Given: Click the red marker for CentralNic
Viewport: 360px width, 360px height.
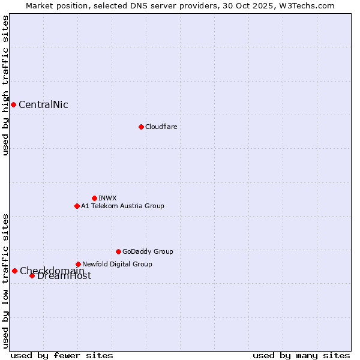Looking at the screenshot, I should pyautogui.click(x=13, y=104).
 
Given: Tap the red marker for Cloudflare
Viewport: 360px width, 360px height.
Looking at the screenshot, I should pyautogui.click(x=141, y=127).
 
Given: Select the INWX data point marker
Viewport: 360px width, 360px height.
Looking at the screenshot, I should pyautogui.click(x=94, y=198).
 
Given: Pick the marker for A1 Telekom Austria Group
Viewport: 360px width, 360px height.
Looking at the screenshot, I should pyautogui.click(x=77, y=206).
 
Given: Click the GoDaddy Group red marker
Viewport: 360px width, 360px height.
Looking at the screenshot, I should pyautogui.click(x=118, y=251).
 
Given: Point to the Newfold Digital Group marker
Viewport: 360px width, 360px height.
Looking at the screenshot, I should pyautogui.click(x=78, y=264).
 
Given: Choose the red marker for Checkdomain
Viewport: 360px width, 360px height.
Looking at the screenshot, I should pyautogui.click(x=14, y=271).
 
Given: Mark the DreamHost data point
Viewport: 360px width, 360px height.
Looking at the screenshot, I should pyautogui.click(x=32, y=275).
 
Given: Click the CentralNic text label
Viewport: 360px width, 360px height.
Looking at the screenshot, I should pyautogui.click(x=43, y=105).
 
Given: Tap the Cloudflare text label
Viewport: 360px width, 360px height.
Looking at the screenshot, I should pyautogui.click(x=161, y=127).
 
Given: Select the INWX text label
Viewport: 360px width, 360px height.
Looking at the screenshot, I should pyautogui.click(x=107, y=198).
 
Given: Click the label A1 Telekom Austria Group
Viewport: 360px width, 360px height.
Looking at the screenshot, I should pyautogui.click(x=122, y=206).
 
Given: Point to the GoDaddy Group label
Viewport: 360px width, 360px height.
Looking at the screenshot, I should pyautogui.click(x=148, y=251).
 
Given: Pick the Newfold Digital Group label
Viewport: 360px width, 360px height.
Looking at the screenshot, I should pyautogui.click(x=117, y=264).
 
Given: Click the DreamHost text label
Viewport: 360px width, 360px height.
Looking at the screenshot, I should pyautogui.click(x=64, y=276).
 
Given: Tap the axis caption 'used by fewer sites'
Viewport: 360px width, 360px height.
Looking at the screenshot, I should pyautogui.click(x=62, y=355).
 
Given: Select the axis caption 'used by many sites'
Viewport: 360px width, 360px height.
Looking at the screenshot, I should pyautogui.click(x=301, y=355).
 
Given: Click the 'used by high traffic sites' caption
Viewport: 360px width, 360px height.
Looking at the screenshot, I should pyautogui.click(x=6, y=85).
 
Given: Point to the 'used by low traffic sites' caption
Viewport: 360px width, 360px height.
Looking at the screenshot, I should pyautogui.click(x=6, y=280).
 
